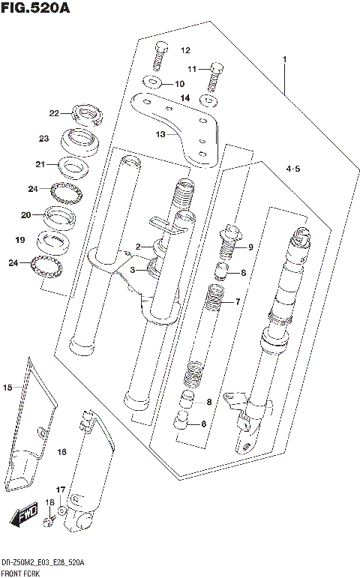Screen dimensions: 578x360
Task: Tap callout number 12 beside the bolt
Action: [x=184, y=51]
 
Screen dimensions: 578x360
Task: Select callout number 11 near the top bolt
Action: [x=192, y=70]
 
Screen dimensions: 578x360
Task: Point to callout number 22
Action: [x=54, y=114]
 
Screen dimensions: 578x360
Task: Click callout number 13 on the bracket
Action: [x=160, y=134]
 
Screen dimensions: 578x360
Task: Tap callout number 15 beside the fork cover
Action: [x=7, y=388]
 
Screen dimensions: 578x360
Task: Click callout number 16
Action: [x=61, y=452]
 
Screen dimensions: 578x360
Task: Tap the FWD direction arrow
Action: [x=24, y=516]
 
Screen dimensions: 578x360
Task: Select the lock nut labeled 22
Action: [x=87, y=115]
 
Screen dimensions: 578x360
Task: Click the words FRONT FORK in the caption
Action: [x=21, y=572]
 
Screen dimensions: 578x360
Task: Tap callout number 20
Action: [x=25, y=215]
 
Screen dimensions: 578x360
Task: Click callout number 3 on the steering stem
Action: [x=132, y=270]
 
